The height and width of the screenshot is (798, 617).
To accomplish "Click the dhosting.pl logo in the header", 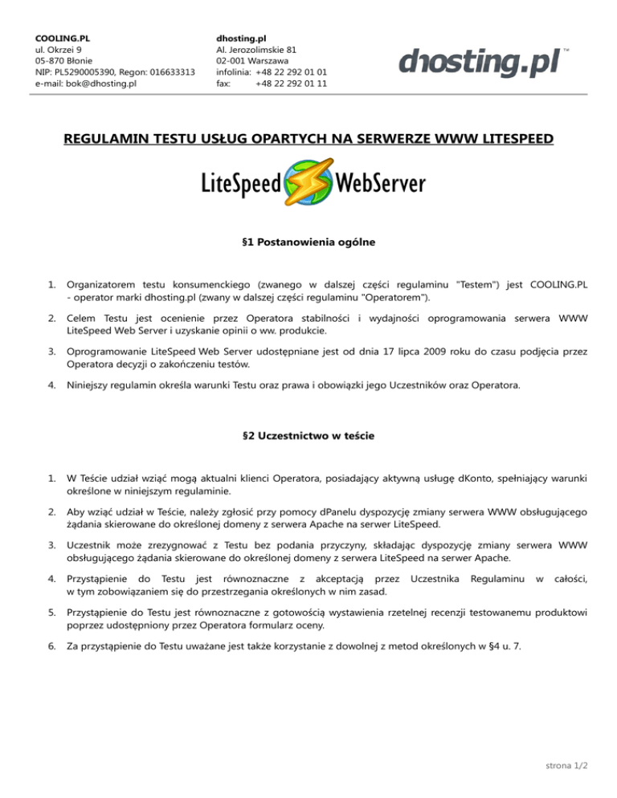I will pos(480,62).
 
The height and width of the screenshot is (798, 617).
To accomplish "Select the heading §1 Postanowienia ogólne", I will pos(308,240).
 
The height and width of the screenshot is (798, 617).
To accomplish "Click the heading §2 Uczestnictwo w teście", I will pos(308,436).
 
